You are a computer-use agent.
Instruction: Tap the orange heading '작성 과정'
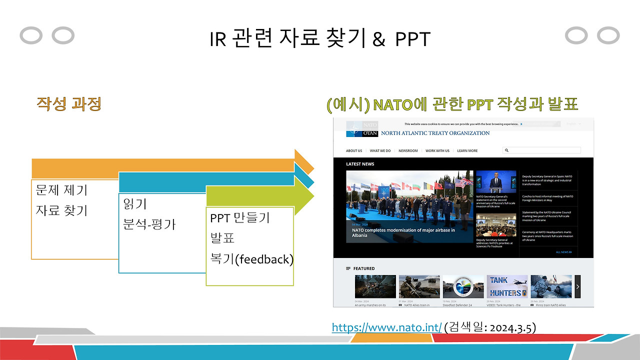pyautogui.click(x=69, y=104)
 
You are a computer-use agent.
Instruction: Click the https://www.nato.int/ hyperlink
pyautogui.click(x=386, y=327)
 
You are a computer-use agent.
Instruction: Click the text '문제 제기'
pyautogui.click(x=61, y=190)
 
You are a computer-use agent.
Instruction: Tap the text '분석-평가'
pyautogui.click(x=149, y=223)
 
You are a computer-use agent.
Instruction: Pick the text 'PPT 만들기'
pyautogui.click(x=240, y=218)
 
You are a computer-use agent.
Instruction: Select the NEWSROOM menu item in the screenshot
pyautogui.click(x=408, y=150)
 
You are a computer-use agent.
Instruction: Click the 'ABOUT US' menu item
pyautogui.click(x=354, y=150)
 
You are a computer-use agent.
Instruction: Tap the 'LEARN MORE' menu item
pyautogui.click(x=467, y=150)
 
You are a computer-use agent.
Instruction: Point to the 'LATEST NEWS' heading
pyautogui.click(x=360, y=164)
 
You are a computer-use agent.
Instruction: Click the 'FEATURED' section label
pyautogui.click(x=363, y=268)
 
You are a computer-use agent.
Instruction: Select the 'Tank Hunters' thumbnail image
pyautogui.click(x=507, y=286)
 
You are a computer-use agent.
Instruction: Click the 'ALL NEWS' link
pyautogui.click(x=563, y=252)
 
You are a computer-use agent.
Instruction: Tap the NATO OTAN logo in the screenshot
pyautogui.click(x=362, y=129)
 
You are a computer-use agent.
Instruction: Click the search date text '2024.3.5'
pyautogui.click(x=512, y=327)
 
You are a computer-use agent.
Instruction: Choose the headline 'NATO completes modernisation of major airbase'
pyautogui.click(x=403, y=232)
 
